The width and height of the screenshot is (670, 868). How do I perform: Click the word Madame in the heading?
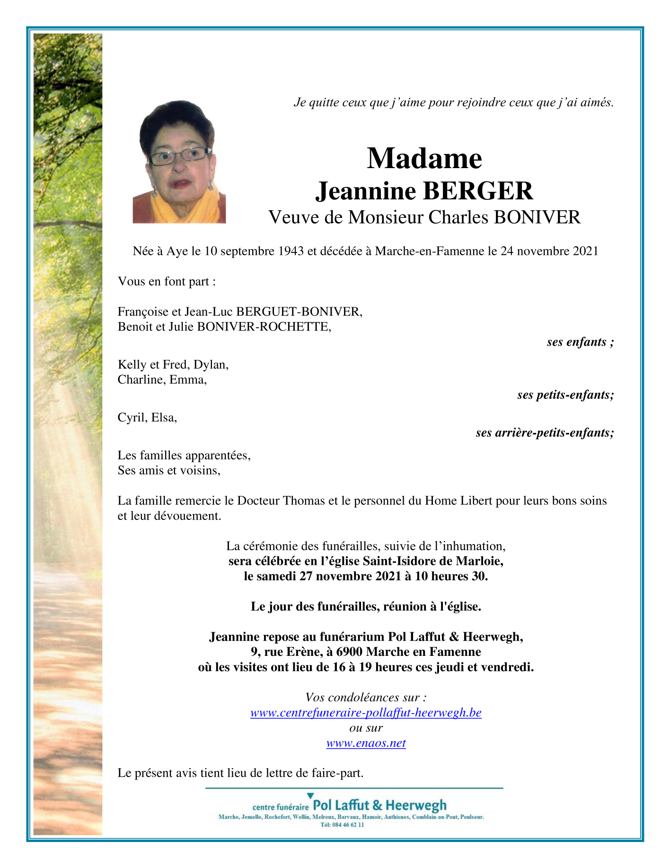tap(424, 158)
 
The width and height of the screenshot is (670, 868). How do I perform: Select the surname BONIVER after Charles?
tap(537, 217)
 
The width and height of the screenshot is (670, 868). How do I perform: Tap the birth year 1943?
tap(291, 251)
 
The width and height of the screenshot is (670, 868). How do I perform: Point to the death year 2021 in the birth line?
tap(585, 251)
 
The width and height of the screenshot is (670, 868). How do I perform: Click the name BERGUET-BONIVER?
tap(299, 312)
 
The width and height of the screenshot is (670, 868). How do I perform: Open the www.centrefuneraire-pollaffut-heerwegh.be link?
tap(366, 713)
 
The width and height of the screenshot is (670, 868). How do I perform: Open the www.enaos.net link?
tap(366, 743)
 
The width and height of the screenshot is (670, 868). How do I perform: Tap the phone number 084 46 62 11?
tap(349, 824)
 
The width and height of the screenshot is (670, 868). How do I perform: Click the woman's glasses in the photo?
tap(180, 155)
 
